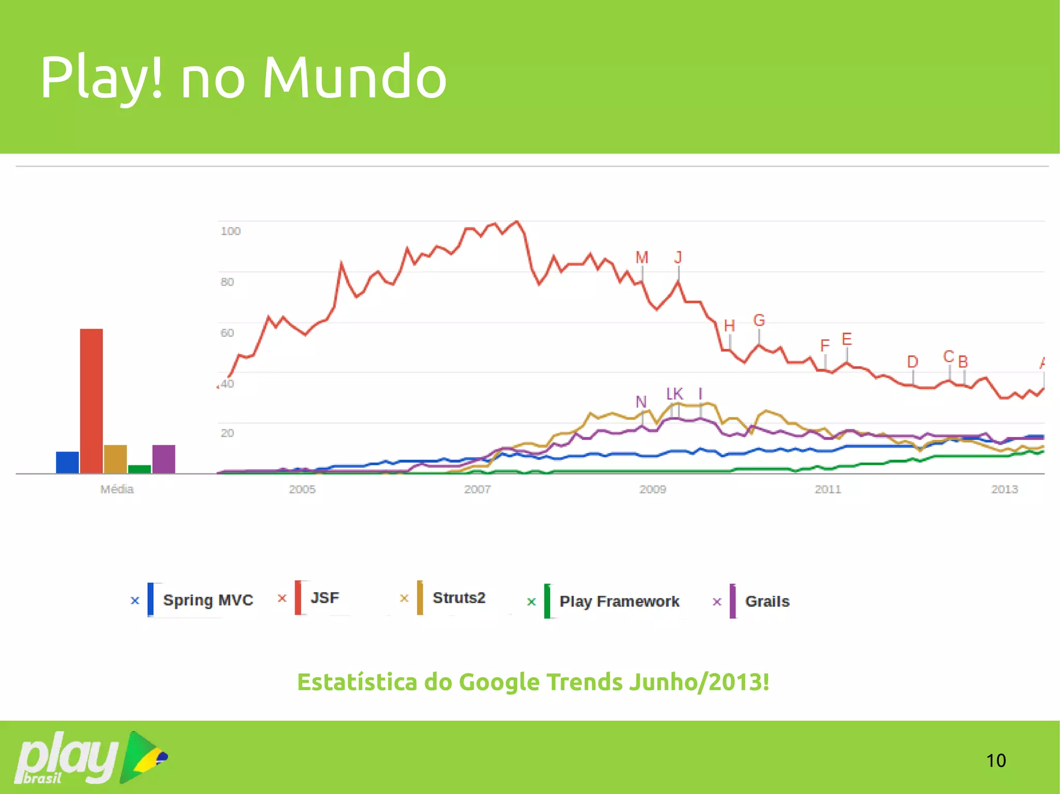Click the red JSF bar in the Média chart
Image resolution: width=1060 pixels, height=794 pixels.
click(91, 401)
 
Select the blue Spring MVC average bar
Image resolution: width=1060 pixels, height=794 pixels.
click(67, 462)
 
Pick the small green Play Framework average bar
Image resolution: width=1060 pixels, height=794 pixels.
click(139, 469)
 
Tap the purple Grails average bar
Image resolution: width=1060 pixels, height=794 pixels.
click(164, 459)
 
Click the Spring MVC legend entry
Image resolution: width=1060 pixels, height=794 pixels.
click(208, 600)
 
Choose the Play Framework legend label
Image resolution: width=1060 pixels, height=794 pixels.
click(619, 602)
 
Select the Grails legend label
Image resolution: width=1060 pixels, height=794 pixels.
click(767, 602)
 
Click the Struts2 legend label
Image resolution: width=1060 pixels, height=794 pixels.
click(459, 598)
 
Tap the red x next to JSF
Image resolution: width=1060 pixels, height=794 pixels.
click(282, 598)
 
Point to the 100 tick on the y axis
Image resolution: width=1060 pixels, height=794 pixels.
click(230, 231)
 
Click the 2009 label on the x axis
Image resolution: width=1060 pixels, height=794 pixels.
click(652, 489)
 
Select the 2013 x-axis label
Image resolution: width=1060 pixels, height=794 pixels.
click(1004, 489)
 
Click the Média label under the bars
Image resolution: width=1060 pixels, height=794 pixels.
click(117, 489)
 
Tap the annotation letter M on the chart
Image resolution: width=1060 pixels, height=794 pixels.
click(642, 258)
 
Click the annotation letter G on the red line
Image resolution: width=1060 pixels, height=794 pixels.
click(759, 320)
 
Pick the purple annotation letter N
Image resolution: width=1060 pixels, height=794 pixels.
click(641, 402)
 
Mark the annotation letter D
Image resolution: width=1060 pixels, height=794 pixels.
click(912, 362)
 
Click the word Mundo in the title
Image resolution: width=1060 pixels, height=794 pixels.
click(354, 78)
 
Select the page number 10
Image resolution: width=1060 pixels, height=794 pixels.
click(996, 760)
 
